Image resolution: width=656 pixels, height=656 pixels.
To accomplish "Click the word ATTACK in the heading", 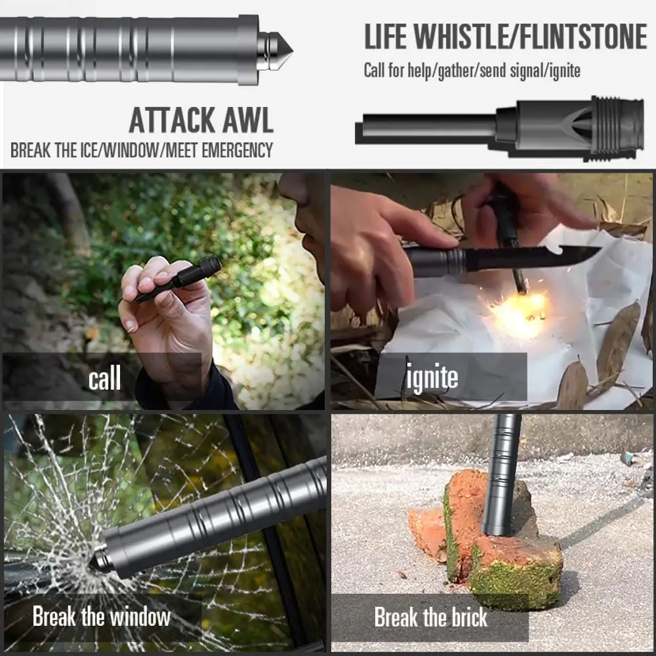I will click(x=172, y=121).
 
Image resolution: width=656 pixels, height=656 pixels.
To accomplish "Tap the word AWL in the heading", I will click(x=248, y=121).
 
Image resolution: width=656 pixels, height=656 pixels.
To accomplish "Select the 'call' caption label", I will click(x=104, y=378).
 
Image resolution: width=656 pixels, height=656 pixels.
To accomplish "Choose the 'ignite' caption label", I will click(x=432, y=378).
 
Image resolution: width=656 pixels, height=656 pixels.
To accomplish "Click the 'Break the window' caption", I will click(x=102, y=617).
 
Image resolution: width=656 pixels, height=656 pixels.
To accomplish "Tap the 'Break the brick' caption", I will click(x=430, y=617).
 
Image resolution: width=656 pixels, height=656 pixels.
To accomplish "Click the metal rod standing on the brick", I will click(x=501, y=472).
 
